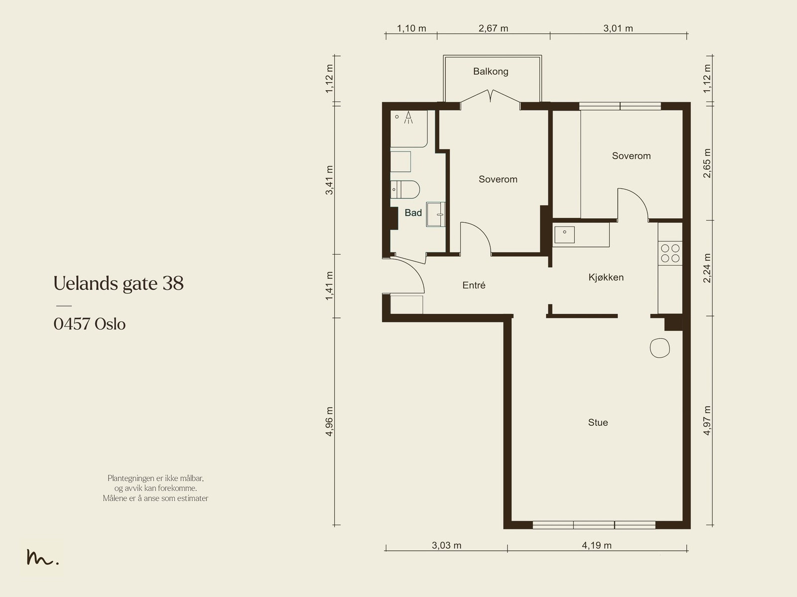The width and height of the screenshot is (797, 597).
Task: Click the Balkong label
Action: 491,72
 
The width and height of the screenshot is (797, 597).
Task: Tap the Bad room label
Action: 413,213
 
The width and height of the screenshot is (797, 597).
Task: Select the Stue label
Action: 598,423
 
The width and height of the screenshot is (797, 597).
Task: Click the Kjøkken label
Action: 606,278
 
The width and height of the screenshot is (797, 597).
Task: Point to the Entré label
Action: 474,286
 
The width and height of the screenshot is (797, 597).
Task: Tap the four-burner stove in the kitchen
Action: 669,253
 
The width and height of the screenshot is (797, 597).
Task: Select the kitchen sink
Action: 564,235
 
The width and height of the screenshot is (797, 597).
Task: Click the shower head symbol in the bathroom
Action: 408,117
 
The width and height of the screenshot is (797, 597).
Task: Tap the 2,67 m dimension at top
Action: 493,28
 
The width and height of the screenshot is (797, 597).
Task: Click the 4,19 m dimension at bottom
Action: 596,545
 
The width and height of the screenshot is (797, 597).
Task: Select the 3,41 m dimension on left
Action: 329,179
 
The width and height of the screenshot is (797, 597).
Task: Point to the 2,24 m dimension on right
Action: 707,268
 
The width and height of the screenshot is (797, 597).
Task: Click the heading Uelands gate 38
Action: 119,284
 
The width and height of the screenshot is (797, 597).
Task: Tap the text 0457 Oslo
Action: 90,324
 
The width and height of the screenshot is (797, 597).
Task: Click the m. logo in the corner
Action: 42,558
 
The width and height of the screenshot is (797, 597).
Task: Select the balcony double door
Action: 491,97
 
